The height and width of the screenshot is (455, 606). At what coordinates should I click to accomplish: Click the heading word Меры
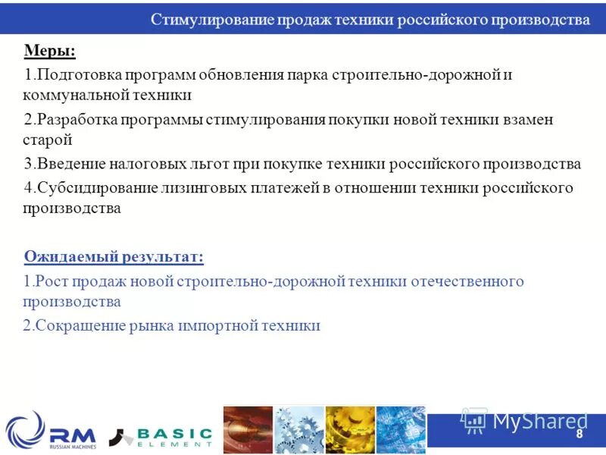click(50, 52)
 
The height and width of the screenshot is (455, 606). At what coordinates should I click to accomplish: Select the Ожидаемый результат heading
click(114, 257)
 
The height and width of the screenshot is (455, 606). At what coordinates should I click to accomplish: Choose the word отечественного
click(467, 281)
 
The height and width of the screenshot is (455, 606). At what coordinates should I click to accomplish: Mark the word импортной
click(217, 326)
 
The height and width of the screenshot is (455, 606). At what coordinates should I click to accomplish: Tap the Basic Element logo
click(161, 436)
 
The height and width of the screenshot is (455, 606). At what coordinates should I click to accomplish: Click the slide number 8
click(579, 434)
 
